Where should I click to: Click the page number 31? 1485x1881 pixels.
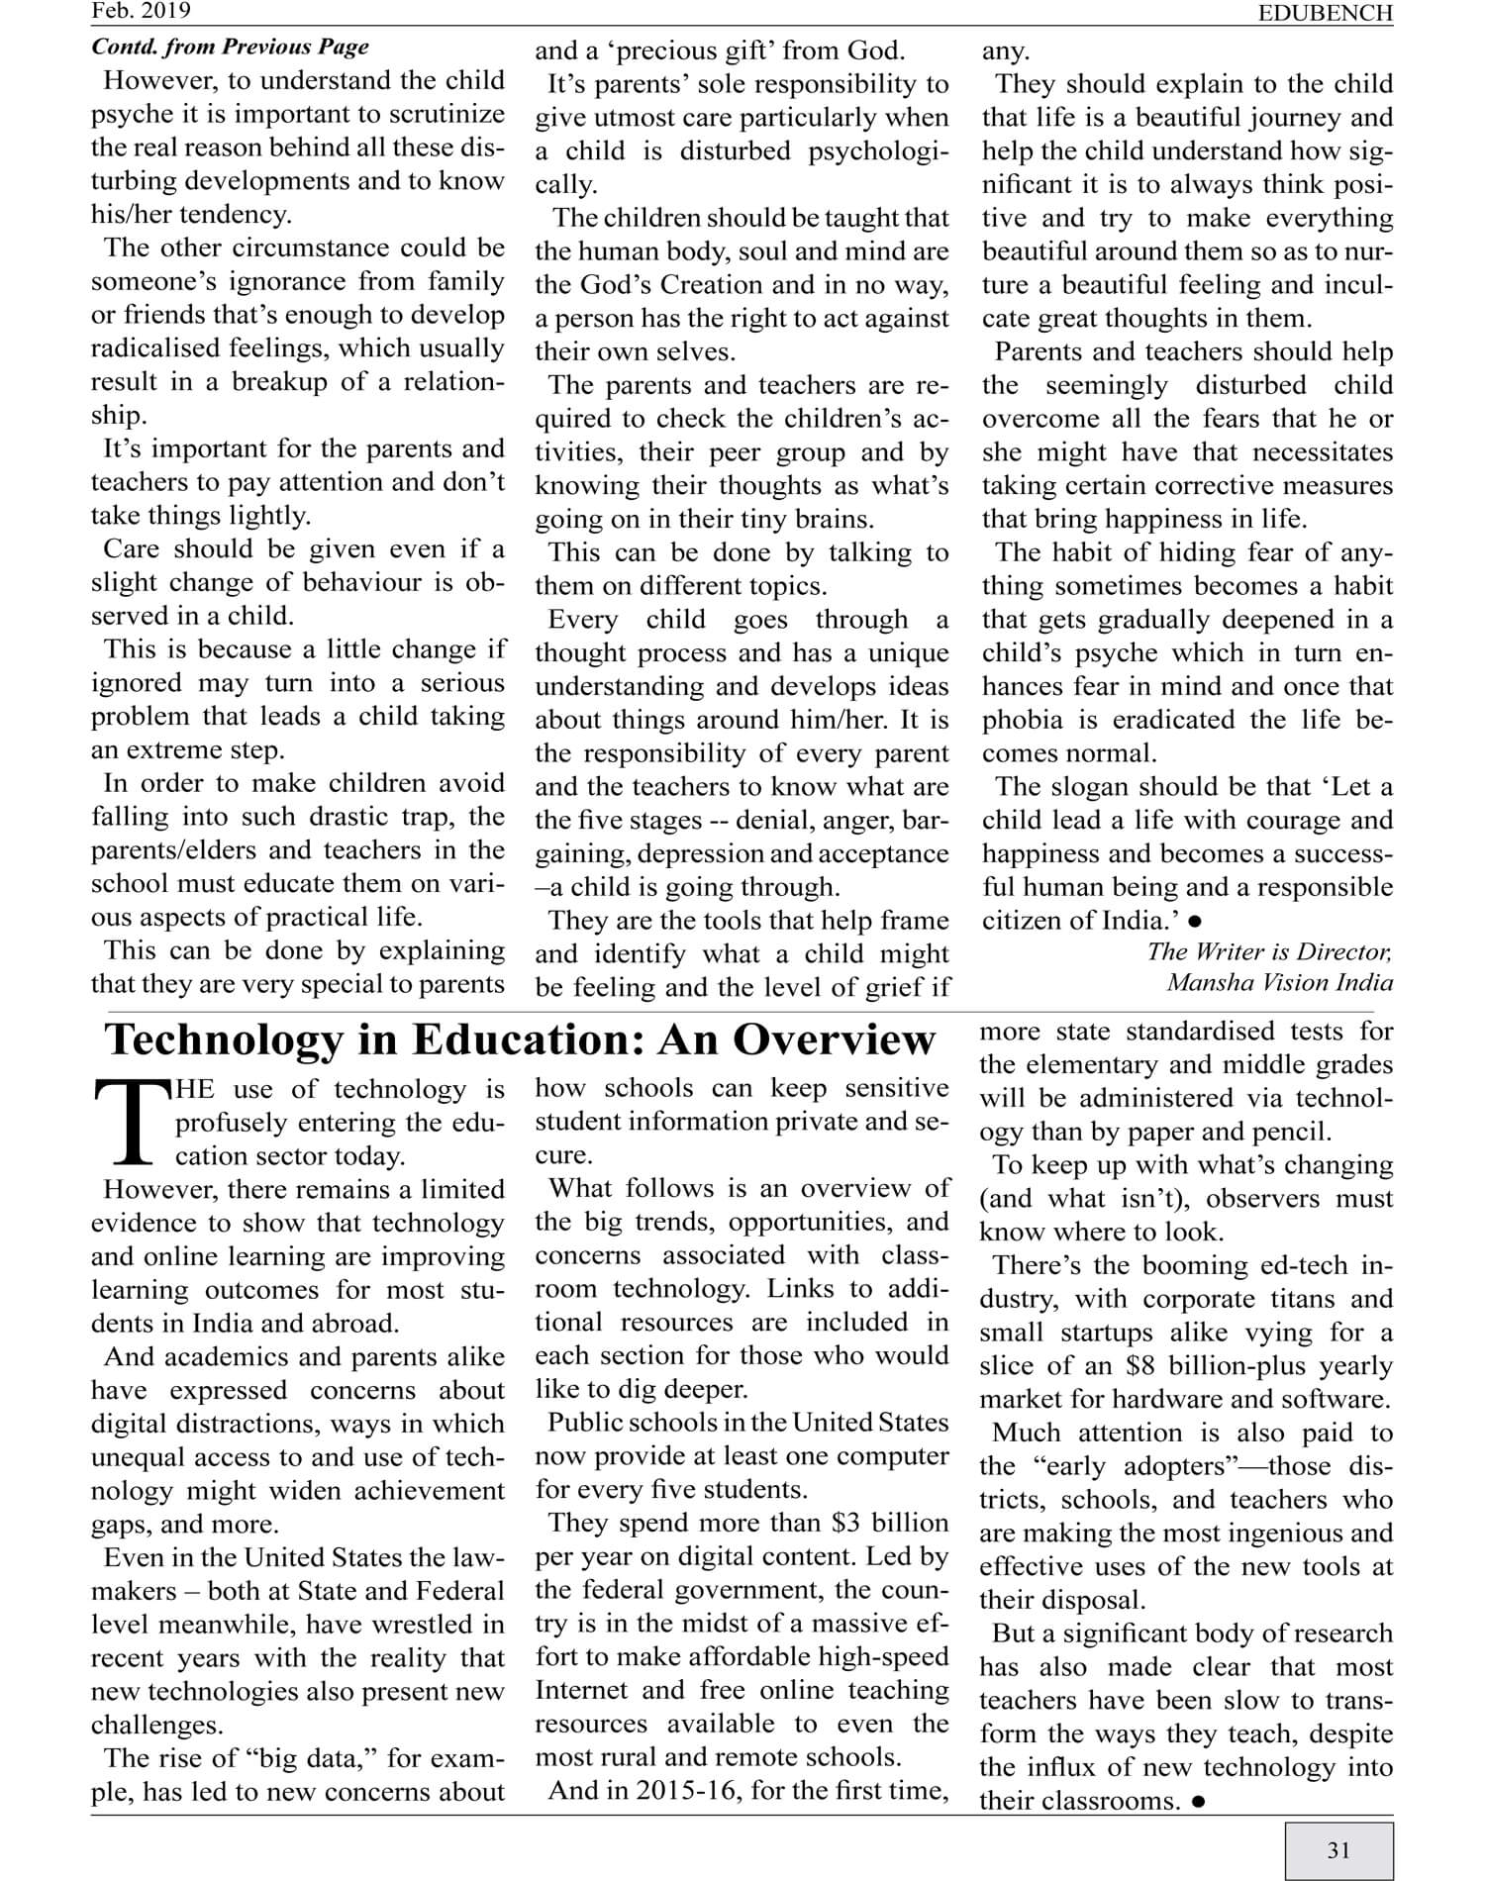tap(1338, 1849)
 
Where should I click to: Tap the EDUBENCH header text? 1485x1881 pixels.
tap(1325, 13)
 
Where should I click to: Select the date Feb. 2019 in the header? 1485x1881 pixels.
tap(141, 11)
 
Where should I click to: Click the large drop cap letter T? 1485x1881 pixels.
tap(131, 1123)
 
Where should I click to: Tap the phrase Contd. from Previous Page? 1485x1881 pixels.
tap(230, 47)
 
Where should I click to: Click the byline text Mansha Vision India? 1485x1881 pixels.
tap(1279, 982)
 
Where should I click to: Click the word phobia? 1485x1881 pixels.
tap(1022, 720)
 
